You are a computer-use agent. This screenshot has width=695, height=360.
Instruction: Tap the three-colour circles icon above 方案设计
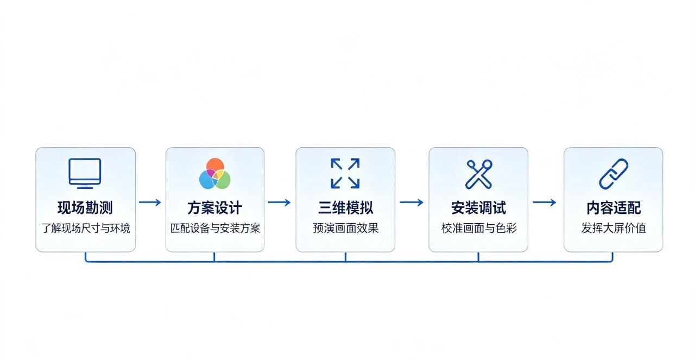214,173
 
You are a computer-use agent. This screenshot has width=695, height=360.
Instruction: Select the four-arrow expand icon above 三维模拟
345,173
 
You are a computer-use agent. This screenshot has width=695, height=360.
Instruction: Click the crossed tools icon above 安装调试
479,174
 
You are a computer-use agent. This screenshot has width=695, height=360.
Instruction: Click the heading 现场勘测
85,207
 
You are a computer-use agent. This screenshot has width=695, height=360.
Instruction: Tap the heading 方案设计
214,207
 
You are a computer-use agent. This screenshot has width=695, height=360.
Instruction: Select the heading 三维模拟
345,207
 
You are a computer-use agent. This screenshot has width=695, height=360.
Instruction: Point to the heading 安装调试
478,207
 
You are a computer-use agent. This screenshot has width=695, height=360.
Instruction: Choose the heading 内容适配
614,207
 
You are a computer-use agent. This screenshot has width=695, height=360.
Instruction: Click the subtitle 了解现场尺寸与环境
86,228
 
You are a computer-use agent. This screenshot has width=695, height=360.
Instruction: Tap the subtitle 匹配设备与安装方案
215,228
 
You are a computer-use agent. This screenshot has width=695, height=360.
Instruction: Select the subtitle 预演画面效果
345,228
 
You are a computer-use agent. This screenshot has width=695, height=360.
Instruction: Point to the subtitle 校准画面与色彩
479,228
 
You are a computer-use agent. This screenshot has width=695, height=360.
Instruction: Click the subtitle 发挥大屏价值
614,228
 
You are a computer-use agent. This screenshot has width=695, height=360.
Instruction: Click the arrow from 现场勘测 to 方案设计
150,203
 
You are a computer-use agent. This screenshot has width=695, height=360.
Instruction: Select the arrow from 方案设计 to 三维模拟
279,203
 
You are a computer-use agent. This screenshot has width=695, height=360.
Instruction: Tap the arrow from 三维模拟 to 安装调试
412,203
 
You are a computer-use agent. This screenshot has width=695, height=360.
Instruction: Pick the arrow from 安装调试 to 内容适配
545,203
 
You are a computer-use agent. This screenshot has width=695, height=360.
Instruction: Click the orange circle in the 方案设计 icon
215,165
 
